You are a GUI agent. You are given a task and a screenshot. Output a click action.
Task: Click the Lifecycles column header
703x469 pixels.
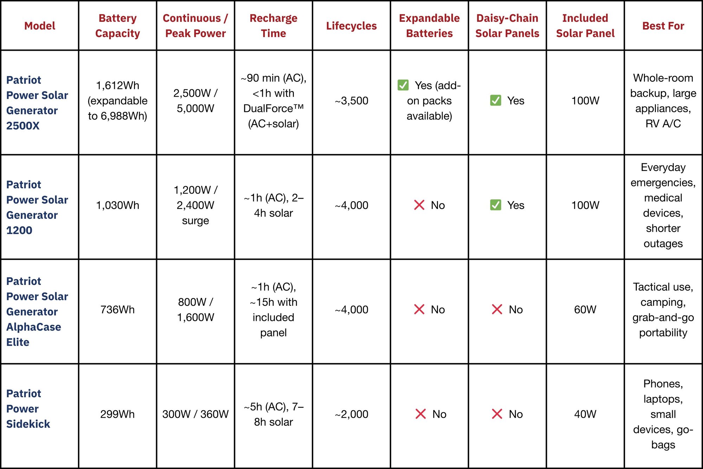(351, 26)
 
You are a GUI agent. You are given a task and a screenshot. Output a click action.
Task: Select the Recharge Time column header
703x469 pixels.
(273, 26)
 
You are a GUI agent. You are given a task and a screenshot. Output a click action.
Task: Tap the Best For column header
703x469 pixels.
(663, 26)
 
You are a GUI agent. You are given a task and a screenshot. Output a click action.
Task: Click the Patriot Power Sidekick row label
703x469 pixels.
(28, 408)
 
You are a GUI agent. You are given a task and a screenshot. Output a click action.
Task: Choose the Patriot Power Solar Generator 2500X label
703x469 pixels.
(37, 102)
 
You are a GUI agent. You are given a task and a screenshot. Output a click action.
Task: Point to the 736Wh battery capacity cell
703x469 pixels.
(117, 310)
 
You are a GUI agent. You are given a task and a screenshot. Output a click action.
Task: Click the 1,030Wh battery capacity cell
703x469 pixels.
(117, 205)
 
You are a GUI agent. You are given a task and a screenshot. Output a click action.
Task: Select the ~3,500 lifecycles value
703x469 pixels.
(351, 101)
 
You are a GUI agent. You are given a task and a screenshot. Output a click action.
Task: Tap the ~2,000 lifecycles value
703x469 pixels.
(351, 414)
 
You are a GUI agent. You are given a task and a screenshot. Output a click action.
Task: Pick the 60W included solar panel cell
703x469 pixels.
(585, 310)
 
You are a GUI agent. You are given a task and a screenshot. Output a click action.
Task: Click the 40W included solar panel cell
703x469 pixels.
(585, 414)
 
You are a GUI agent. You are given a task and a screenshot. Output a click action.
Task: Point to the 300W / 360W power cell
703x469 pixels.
(195, 414)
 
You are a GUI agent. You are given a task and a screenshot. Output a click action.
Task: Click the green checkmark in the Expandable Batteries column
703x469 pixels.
(403, 85)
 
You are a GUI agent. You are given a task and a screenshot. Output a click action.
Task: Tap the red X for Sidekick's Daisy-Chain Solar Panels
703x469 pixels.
(497, 414)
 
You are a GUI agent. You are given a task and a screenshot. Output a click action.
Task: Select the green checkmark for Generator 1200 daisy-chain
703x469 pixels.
(496, 205)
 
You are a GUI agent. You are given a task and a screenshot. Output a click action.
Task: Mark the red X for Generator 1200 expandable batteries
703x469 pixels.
(419, 205)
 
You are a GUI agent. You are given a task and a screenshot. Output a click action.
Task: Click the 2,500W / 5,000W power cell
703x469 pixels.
(195, 101)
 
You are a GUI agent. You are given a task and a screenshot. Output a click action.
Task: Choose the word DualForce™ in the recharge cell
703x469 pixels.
(273, 108)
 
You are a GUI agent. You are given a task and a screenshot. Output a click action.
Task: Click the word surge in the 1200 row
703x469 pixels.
(195, 221)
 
